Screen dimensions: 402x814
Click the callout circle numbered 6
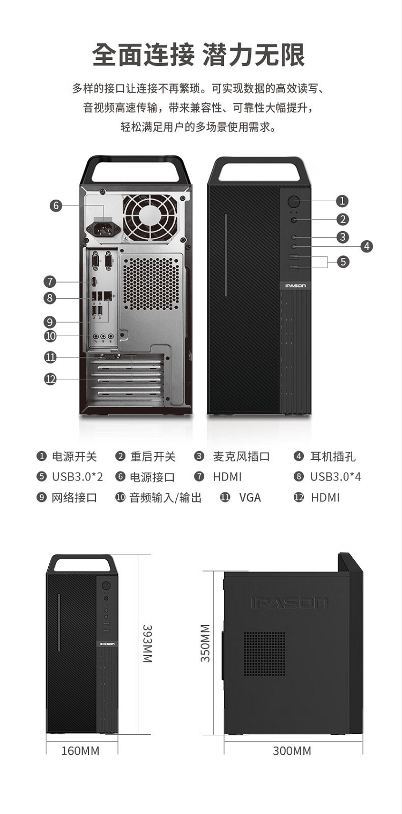point(56,206)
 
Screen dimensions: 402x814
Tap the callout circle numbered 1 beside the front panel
point(343,201)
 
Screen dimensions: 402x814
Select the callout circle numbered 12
point(50,379)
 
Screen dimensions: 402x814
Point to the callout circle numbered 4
point(367,246)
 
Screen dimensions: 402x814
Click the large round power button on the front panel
point(294,201)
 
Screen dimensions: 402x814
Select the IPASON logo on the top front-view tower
point(295,286)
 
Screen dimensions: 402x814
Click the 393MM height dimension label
point(147,644)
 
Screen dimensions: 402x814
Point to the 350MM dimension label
point(205,643)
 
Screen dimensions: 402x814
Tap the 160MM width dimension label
point(80,751)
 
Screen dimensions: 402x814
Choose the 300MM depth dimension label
point(292,751)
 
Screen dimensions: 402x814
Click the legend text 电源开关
point(75,457)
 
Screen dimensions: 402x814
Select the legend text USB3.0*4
point(336,477)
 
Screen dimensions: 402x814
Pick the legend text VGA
point(250,498)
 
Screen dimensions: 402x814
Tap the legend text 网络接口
point(75,498)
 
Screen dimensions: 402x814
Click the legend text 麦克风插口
point(241,457)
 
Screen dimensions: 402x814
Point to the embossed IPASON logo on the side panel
point(289,603)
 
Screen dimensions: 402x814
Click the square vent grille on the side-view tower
point(264,654)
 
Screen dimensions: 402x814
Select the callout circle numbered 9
point(50,322)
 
